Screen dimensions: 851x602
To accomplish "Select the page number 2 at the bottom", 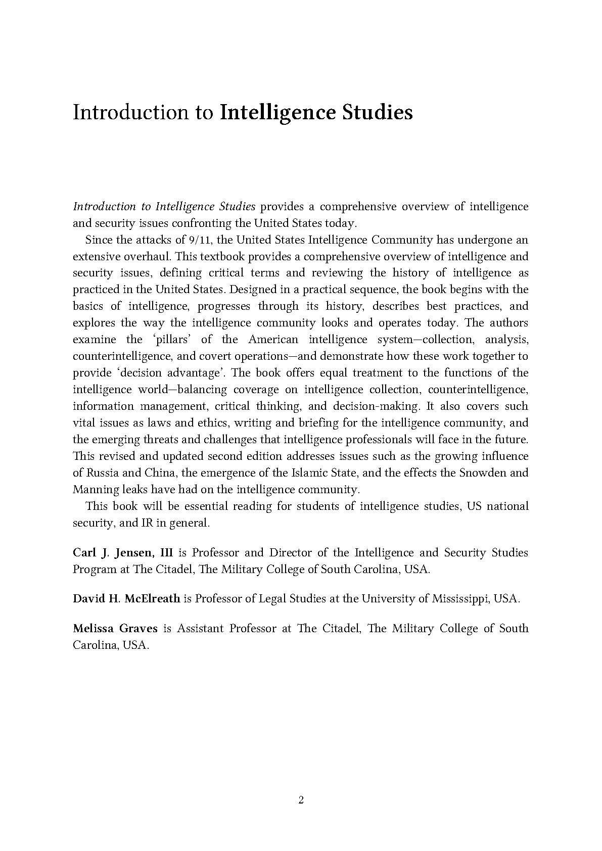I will (x=301, y=800).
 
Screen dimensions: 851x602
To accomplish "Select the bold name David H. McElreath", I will (x=126, y=599).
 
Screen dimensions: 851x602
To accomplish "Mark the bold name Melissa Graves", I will (x=115, y=629).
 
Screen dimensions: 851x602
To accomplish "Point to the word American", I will (x=273, y=339).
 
